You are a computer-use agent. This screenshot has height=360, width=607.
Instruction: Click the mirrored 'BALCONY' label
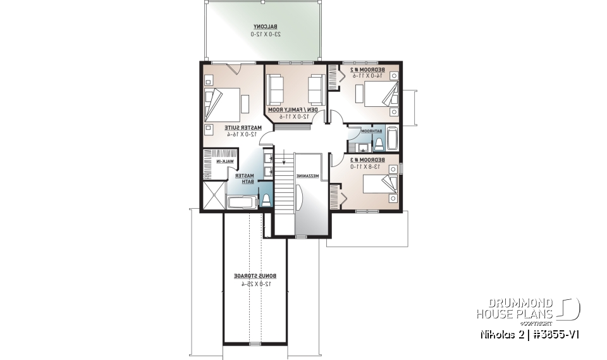tap(263, 27)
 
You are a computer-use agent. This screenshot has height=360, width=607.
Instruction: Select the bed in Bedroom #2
tap(379, 92)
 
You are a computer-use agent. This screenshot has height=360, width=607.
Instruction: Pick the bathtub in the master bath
tap(240, 203)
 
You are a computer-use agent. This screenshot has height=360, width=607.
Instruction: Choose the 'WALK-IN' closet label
tap(225, 162)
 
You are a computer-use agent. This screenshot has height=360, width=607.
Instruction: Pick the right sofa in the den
tap(316, 89)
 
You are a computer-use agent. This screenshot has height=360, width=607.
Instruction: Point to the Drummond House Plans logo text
tap(515, 309)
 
